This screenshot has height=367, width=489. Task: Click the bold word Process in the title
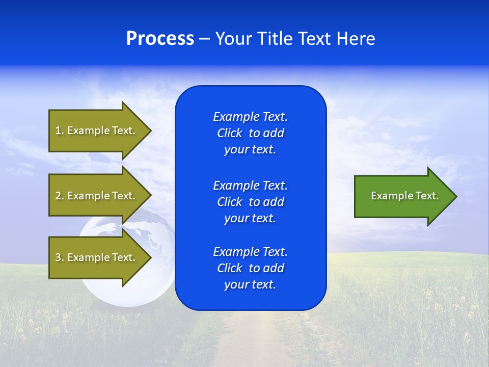[x=160, y=39]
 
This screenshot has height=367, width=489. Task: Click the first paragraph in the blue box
[x=250, y=133]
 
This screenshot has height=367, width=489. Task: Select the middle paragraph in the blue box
[x=250, y=202]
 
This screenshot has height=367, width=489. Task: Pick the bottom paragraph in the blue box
[x=250, y=268]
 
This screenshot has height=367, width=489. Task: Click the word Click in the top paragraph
[x=229, y=133]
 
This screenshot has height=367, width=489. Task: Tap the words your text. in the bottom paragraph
[x=250, y=284]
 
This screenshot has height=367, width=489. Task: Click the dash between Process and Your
[x=204, y=39]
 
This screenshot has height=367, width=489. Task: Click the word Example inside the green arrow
[x=389, y=196]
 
